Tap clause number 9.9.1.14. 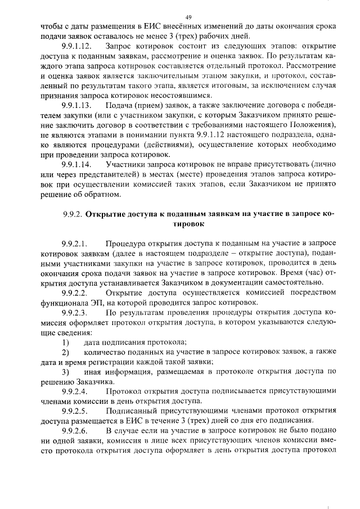(x=76, y=164)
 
